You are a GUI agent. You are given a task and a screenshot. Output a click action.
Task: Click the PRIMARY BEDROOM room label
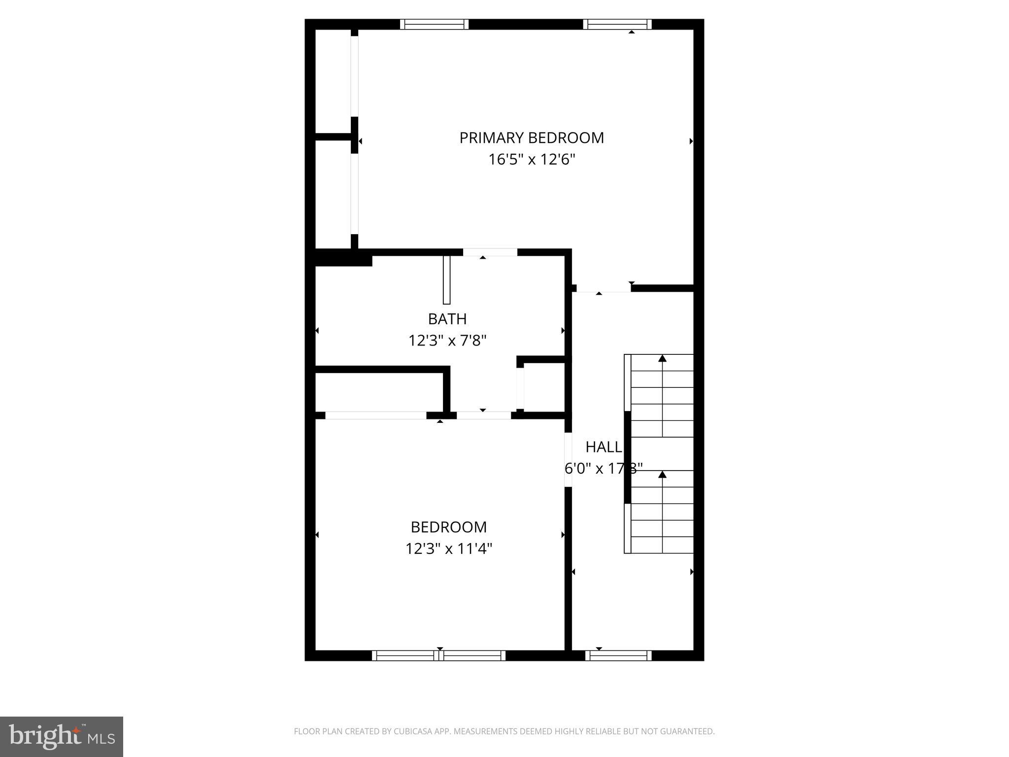tap(532, 138)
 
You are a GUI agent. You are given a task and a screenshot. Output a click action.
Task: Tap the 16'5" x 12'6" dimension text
tap(532, 160)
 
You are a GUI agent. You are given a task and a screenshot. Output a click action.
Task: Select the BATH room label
tap(447, 319)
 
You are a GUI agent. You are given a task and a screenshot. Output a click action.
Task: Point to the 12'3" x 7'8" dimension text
tap(447, 341)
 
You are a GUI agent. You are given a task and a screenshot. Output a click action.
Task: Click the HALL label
tap(604, 447)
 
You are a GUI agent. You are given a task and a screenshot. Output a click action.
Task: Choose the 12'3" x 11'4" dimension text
tap(449, 549)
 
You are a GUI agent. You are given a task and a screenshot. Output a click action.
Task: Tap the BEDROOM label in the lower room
tap(449, 527)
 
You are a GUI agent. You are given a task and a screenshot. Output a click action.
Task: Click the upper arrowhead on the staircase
tap(662, 358)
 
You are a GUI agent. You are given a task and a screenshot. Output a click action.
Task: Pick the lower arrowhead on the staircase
tap(662, 475)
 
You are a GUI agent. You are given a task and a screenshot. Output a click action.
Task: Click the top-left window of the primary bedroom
tap(434, 24)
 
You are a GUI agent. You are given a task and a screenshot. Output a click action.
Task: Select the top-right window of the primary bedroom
tap(617, 24)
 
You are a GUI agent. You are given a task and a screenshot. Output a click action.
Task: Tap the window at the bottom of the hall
tap(618, 655)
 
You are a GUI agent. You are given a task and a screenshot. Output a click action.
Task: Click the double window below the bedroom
tap(438, 655)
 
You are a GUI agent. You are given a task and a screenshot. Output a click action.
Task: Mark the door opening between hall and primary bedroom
tap(603, 288)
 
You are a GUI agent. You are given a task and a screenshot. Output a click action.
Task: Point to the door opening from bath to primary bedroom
tap(490, 252)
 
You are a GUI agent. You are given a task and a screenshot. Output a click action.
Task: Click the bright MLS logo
tap(62, 737)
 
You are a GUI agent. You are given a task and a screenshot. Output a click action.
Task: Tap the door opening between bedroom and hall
tap(568, 459)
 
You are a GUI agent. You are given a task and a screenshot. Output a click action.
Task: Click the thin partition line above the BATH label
tap(447, 280)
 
